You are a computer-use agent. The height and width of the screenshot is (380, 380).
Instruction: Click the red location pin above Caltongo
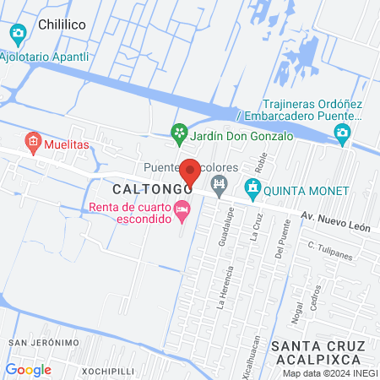tap(190, 172)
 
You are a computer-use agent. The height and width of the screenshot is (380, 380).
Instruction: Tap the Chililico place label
tap(64, 26)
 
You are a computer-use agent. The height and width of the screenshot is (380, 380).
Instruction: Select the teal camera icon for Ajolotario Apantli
tap(18, 34)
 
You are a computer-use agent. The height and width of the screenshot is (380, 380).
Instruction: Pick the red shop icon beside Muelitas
tap(33, 141)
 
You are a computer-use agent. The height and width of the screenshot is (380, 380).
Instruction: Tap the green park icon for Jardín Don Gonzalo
tap(178, 132)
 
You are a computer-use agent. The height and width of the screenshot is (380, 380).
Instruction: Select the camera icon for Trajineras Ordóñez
tap(342, 133)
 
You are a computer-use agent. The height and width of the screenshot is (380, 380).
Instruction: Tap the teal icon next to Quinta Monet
tap(251, 187)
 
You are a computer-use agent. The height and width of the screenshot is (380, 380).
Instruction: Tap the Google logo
tap(29, 369)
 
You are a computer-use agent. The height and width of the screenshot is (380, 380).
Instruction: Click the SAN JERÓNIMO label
tap(44, 342)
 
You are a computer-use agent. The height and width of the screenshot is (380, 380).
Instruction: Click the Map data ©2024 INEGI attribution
tap(329, 373)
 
